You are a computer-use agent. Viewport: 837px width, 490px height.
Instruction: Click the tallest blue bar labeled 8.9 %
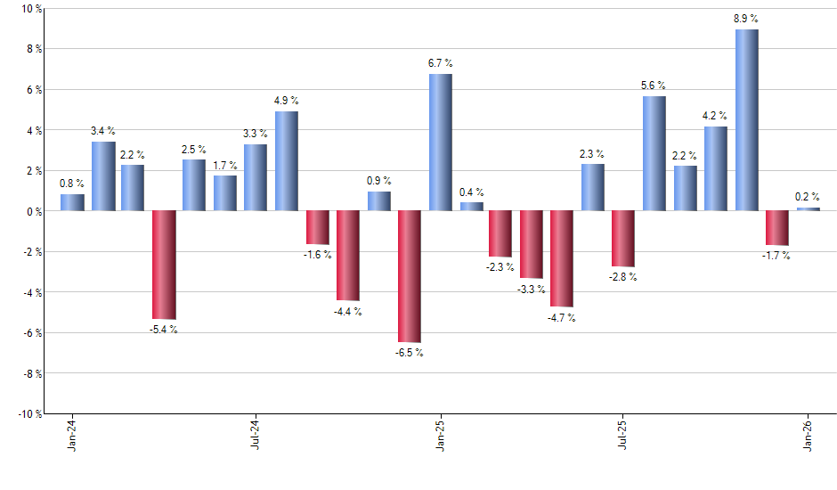(x=747, y=120)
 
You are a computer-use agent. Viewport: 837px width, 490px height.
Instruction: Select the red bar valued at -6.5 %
(x=410, y=276)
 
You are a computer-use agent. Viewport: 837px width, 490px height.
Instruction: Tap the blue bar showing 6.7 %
(x=440, y=143)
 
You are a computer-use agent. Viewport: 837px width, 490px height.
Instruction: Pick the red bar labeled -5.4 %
(x=164, y=265)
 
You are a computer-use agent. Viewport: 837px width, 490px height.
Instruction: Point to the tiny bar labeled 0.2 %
(x=808, y=209)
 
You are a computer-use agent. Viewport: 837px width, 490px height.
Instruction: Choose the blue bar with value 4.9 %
(x=287, y=161)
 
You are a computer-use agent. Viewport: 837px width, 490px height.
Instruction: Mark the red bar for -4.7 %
(x=562, y=258)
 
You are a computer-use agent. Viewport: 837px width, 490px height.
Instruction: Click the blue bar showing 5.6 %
(x=654, y=153)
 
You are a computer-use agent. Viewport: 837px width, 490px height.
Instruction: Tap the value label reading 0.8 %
(x=72, y=184)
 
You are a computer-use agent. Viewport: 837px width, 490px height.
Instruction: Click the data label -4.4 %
(x=348, y=311)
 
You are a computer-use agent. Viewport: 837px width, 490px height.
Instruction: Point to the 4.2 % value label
(x=716, y=116)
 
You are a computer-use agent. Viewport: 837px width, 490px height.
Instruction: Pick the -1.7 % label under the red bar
(x=776, y=256)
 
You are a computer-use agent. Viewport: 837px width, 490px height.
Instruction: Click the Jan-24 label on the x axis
(x=72, y=434)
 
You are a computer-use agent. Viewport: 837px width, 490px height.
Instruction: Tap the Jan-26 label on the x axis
(x=808, y=434)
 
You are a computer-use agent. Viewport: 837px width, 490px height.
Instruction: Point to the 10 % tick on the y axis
(x=32, y=9)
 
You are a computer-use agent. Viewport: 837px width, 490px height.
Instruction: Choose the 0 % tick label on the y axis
(x=35, y=211)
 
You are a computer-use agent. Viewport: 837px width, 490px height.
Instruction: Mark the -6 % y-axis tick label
(x=32, y=332)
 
